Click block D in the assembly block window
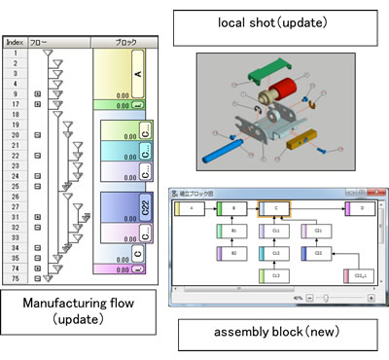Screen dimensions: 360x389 pos(361,208)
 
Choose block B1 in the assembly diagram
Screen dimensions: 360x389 pos(233,231)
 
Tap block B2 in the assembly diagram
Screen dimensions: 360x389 pos(233,253)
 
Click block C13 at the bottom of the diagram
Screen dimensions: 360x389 pos(275,276)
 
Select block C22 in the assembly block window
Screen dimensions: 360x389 pos(317,253)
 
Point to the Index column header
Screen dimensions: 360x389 pos(15,43)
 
